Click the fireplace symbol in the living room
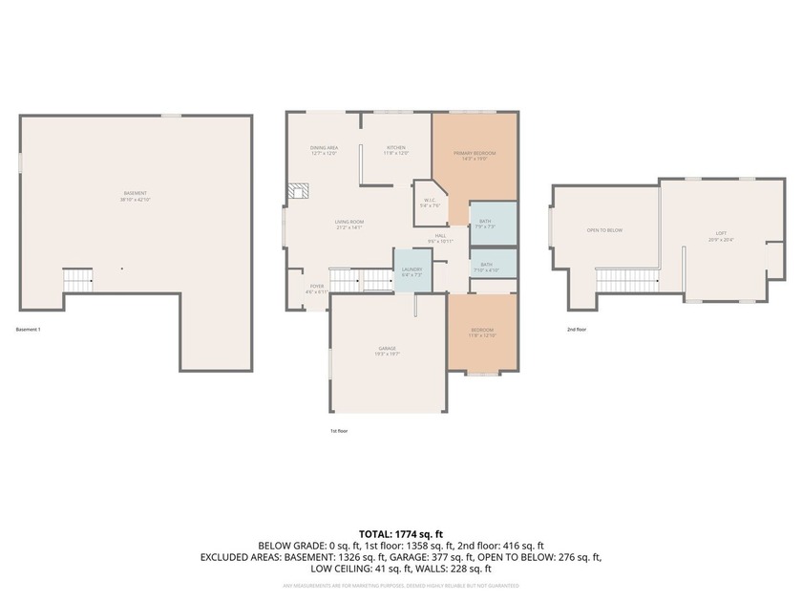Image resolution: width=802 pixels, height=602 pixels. click(300, 191)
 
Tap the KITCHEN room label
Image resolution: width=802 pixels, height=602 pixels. click(396, 148)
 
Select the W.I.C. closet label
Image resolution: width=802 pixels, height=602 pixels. click(430, 201)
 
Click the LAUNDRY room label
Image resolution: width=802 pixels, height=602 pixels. click(412, 270)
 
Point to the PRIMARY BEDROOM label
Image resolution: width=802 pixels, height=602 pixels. click(475, 153)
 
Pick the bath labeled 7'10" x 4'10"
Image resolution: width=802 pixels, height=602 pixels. click(487, 265)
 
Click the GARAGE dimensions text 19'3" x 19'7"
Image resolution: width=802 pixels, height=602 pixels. click(387, 354)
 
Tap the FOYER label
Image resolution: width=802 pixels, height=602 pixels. click(316, 286)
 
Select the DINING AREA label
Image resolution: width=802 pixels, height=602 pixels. click(324, 148)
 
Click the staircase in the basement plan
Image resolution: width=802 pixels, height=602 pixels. click(77, 279)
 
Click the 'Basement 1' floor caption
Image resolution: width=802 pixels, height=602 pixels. click(29, 330)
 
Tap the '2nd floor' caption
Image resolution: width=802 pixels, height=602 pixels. click(576, 330)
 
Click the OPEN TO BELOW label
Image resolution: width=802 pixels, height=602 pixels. click(604, 230)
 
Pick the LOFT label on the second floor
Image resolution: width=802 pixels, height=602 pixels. click(721, 233)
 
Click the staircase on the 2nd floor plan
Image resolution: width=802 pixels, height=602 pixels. click(618, 280)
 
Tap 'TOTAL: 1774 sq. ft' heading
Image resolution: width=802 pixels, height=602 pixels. click(400, 534)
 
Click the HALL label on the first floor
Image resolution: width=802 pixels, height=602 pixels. click(440, 236)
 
